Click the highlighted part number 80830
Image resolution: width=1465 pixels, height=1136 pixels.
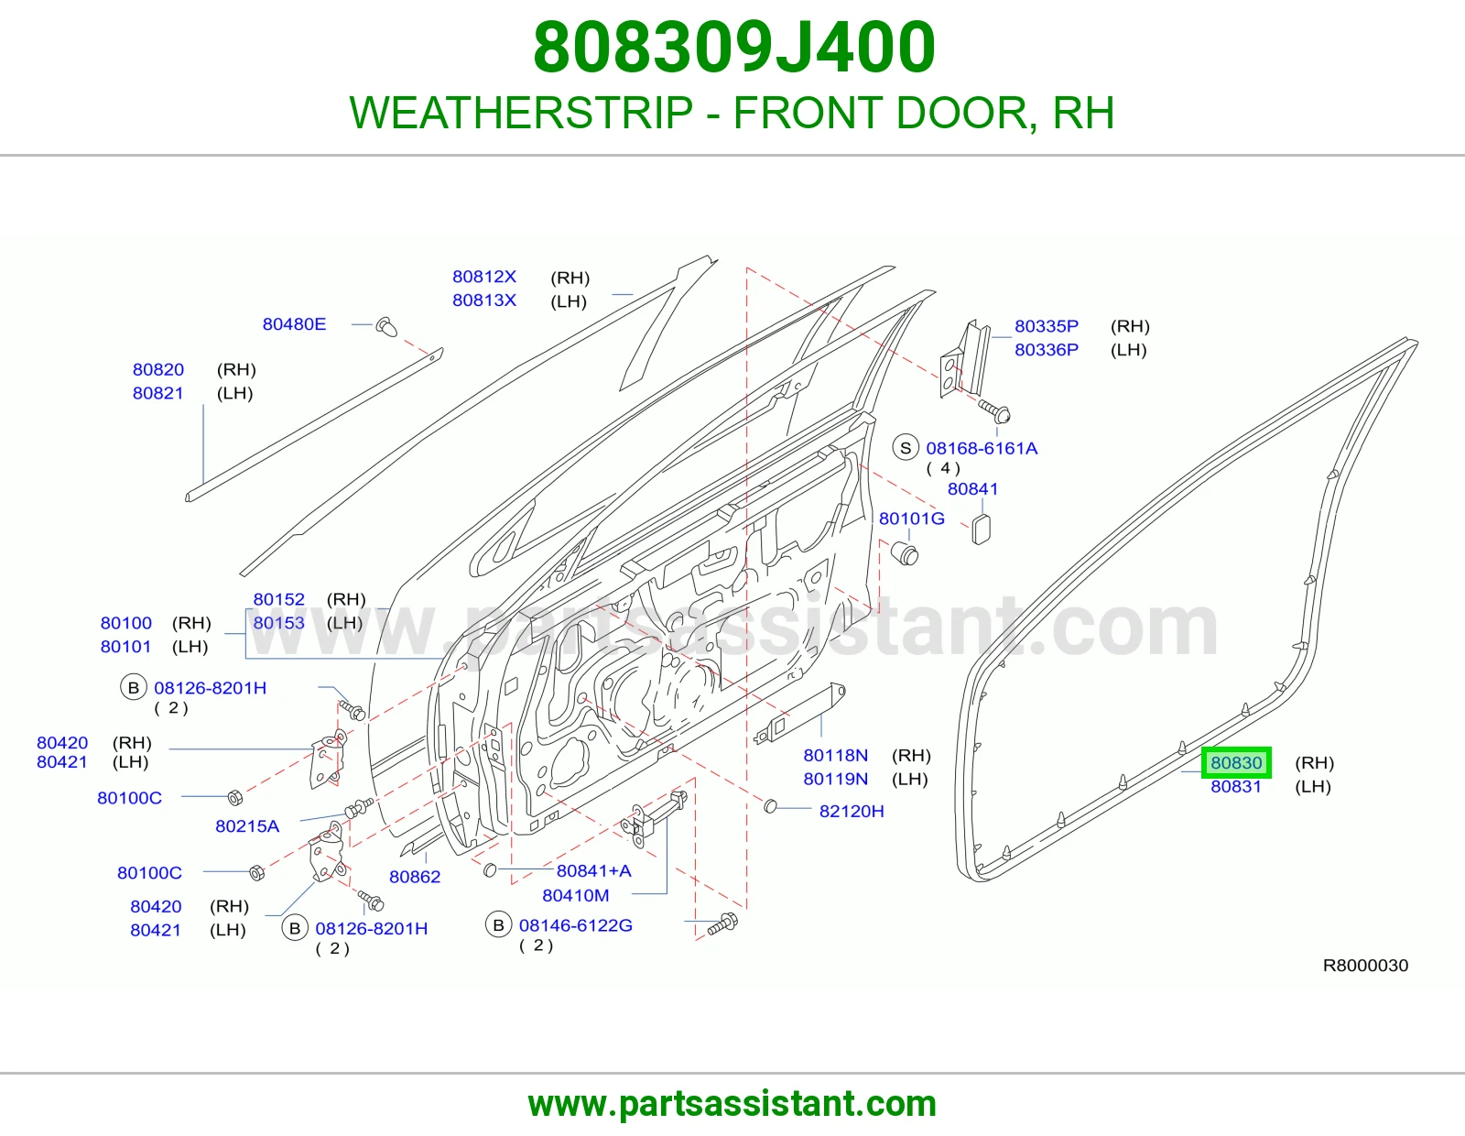pyautogui.click(x=1236, y=762)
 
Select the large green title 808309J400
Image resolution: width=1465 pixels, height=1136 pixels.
pyautogui.click(x=733, y=47)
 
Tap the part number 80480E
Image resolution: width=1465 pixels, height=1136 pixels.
pyautogui.click(x=294, y=323)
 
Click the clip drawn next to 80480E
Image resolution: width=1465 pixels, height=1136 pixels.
pyautogui.click(x=387, y=326)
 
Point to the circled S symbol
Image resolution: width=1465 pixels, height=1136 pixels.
pyautogui.click(x=906, y=448)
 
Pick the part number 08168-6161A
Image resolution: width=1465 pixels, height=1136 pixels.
pyautogui.click(x=981, y=448)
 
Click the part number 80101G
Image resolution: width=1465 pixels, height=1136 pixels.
pyautogui.click(x=911, y=519)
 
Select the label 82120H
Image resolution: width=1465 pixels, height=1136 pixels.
pyautogui.click(x=852, y=811)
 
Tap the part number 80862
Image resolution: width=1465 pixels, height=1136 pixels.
pyautogui.click(x=415, y=877)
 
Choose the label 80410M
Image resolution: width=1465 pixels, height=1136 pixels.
pyautogui.click(x=576, y=895)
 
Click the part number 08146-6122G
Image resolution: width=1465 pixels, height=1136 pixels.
pyautogui.click(x=575, y=925)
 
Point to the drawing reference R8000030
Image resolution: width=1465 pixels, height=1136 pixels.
pyautogui.click(x=1365, y=966)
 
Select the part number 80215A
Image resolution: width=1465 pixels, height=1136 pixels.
pyautogui.click(x=246, y=825)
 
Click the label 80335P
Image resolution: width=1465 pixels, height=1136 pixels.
pyautogui.click(x=1047, y=326)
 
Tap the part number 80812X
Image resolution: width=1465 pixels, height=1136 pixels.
pyautogui.click(x=484, y=277)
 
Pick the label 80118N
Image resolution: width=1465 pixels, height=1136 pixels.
pyautogui.click(x=835, y=755)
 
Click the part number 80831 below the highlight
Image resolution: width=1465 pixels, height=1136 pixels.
pyautogui.click(x=1236, y=787)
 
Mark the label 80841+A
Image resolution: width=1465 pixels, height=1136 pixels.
pyautogui.click(x=594, y=871)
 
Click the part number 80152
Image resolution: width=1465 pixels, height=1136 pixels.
pyautogui.click(x=278, y=599)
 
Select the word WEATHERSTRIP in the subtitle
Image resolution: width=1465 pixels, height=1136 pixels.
pyautogui.click(x=521, y=113)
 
